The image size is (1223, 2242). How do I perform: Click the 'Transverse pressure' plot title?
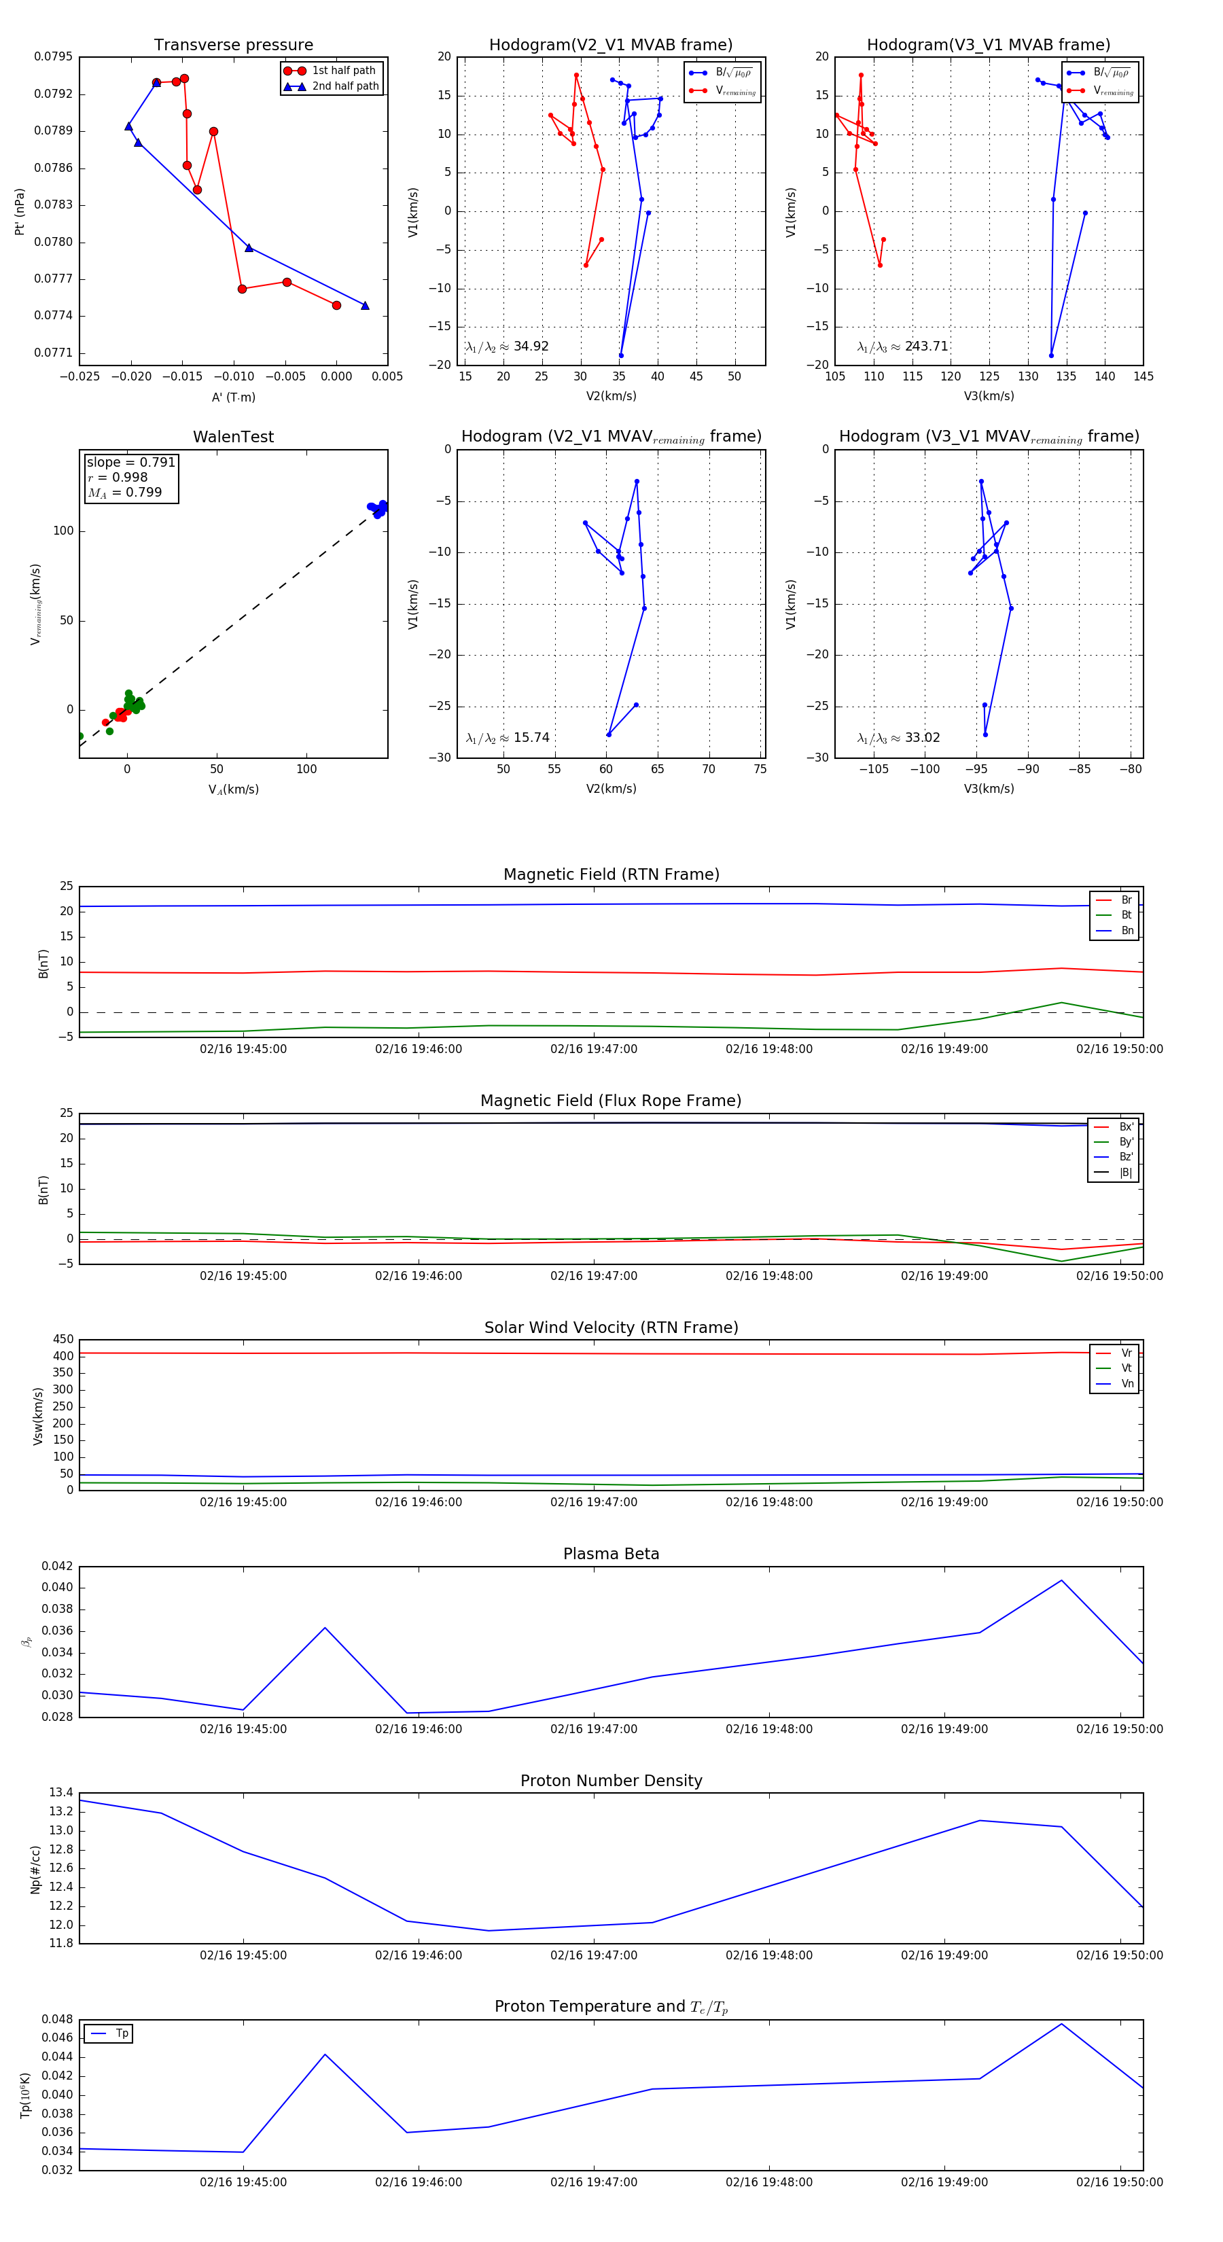point(233,46)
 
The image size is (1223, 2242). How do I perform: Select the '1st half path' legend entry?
point(343,71)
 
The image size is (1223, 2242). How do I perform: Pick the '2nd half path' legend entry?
point(344,86)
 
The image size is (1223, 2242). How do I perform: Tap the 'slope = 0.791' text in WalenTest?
point(130,462)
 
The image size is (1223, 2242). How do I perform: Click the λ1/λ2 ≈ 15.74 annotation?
point(508,738)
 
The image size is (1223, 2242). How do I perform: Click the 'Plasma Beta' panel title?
point(611,1554)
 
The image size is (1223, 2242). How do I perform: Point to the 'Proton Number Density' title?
point(611,1781)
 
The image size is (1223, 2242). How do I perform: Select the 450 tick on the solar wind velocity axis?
point(64,1340)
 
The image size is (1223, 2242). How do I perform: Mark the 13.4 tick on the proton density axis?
point(61,1793)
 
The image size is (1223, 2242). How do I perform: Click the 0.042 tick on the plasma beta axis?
point(56,1567)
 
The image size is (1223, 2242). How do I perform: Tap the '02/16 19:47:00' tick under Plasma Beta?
point(594,1729)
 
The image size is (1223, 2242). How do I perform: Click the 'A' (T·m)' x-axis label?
point(233,397)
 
